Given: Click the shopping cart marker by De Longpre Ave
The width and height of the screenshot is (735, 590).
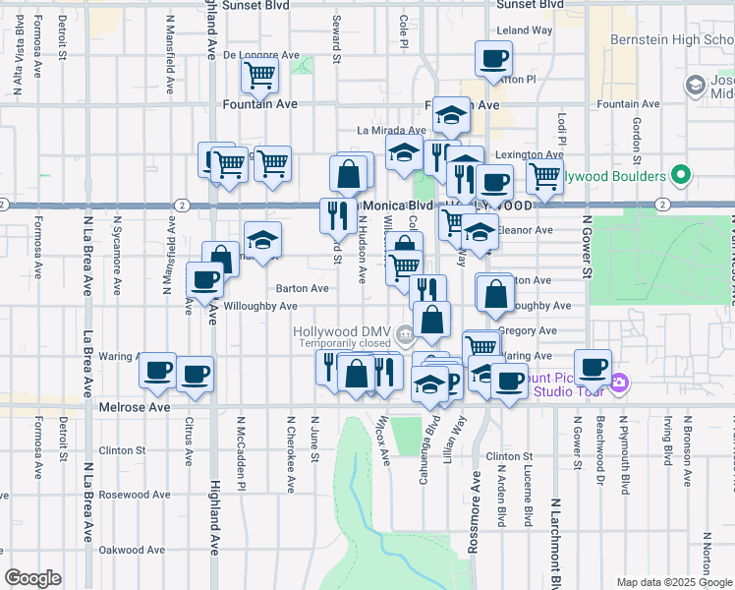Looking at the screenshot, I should [259, 75].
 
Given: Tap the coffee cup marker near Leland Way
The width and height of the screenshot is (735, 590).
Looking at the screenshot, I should [493, 58].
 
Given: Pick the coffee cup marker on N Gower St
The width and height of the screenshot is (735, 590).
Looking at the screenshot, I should [593, 368].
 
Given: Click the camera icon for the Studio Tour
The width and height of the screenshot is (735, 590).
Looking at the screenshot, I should [619, 383].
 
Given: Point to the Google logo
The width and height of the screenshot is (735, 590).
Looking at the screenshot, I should [32, 578].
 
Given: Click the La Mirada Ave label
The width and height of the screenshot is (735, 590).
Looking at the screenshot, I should [390, 130].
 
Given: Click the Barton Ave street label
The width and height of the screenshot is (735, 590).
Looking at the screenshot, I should [302, 288].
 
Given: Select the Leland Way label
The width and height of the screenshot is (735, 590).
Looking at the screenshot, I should [525, 31].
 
